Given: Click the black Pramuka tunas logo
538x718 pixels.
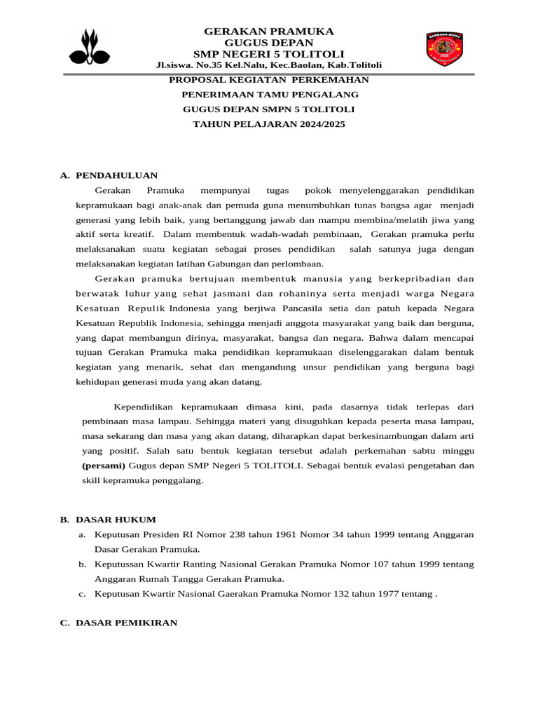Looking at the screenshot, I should point(90,47).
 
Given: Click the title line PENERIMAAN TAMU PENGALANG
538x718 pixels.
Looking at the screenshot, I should point(270,95).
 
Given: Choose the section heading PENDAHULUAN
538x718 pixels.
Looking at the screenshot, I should point(116,175).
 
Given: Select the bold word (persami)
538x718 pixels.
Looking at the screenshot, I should point(104,466).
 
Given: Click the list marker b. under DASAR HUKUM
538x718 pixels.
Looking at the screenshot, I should point(82,564).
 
